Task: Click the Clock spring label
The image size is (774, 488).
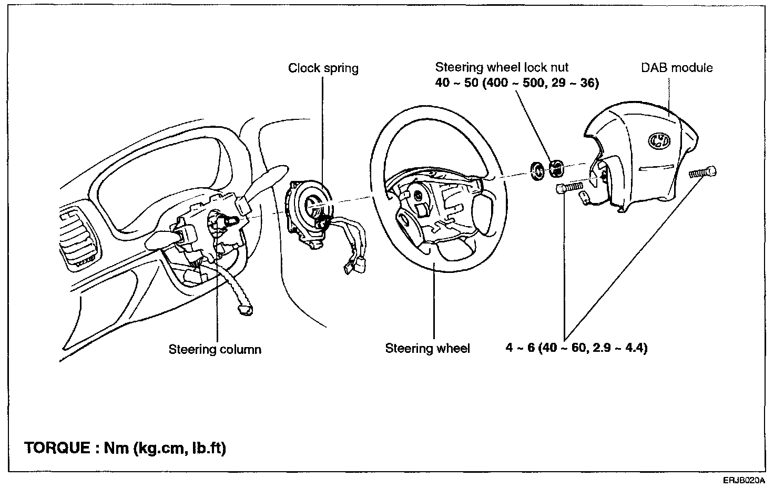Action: tap(323, 68)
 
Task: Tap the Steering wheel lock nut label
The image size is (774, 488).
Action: tap(502, 67)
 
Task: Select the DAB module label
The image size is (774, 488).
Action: tap(677, 67)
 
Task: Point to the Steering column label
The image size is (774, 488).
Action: tap(215, 349)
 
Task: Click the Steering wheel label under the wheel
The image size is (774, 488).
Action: tap(427, 348)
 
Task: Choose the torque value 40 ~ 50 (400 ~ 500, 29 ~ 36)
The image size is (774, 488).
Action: tap(517, 83)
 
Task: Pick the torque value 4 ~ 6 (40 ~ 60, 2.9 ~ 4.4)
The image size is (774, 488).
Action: tap(576, 348)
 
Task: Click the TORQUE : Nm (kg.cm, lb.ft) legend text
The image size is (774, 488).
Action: tap(125, 448)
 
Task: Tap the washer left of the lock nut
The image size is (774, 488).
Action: tap(537, 171)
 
